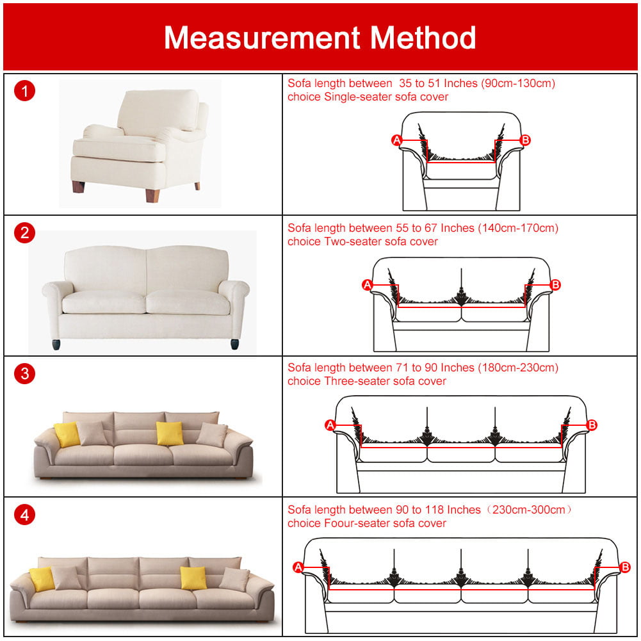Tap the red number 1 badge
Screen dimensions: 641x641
pos(24,91)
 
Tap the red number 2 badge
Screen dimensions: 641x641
pos(24,232)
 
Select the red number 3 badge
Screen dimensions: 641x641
pos(24,373)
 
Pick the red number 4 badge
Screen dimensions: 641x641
pos(24,514)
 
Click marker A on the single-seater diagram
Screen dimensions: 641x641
pos(396,140)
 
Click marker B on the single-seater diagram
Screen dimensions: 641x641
pos(526,140)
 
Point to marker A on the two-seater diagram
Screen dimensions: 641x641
pos(368,285)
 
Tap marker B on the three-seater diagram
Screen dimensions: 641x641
pos(592,425)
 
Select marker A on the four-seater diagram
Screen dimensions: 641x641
pos(298,567)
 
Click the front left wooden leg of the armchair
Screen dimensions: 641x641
pos(78,188)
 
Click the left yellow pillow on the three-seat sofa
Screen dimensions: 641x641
pos(67,435)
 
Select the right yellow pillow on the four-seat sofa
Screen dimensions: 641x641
pos(193,578)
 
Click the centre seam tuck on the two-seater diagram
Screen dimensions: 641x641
pos(461,297)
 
